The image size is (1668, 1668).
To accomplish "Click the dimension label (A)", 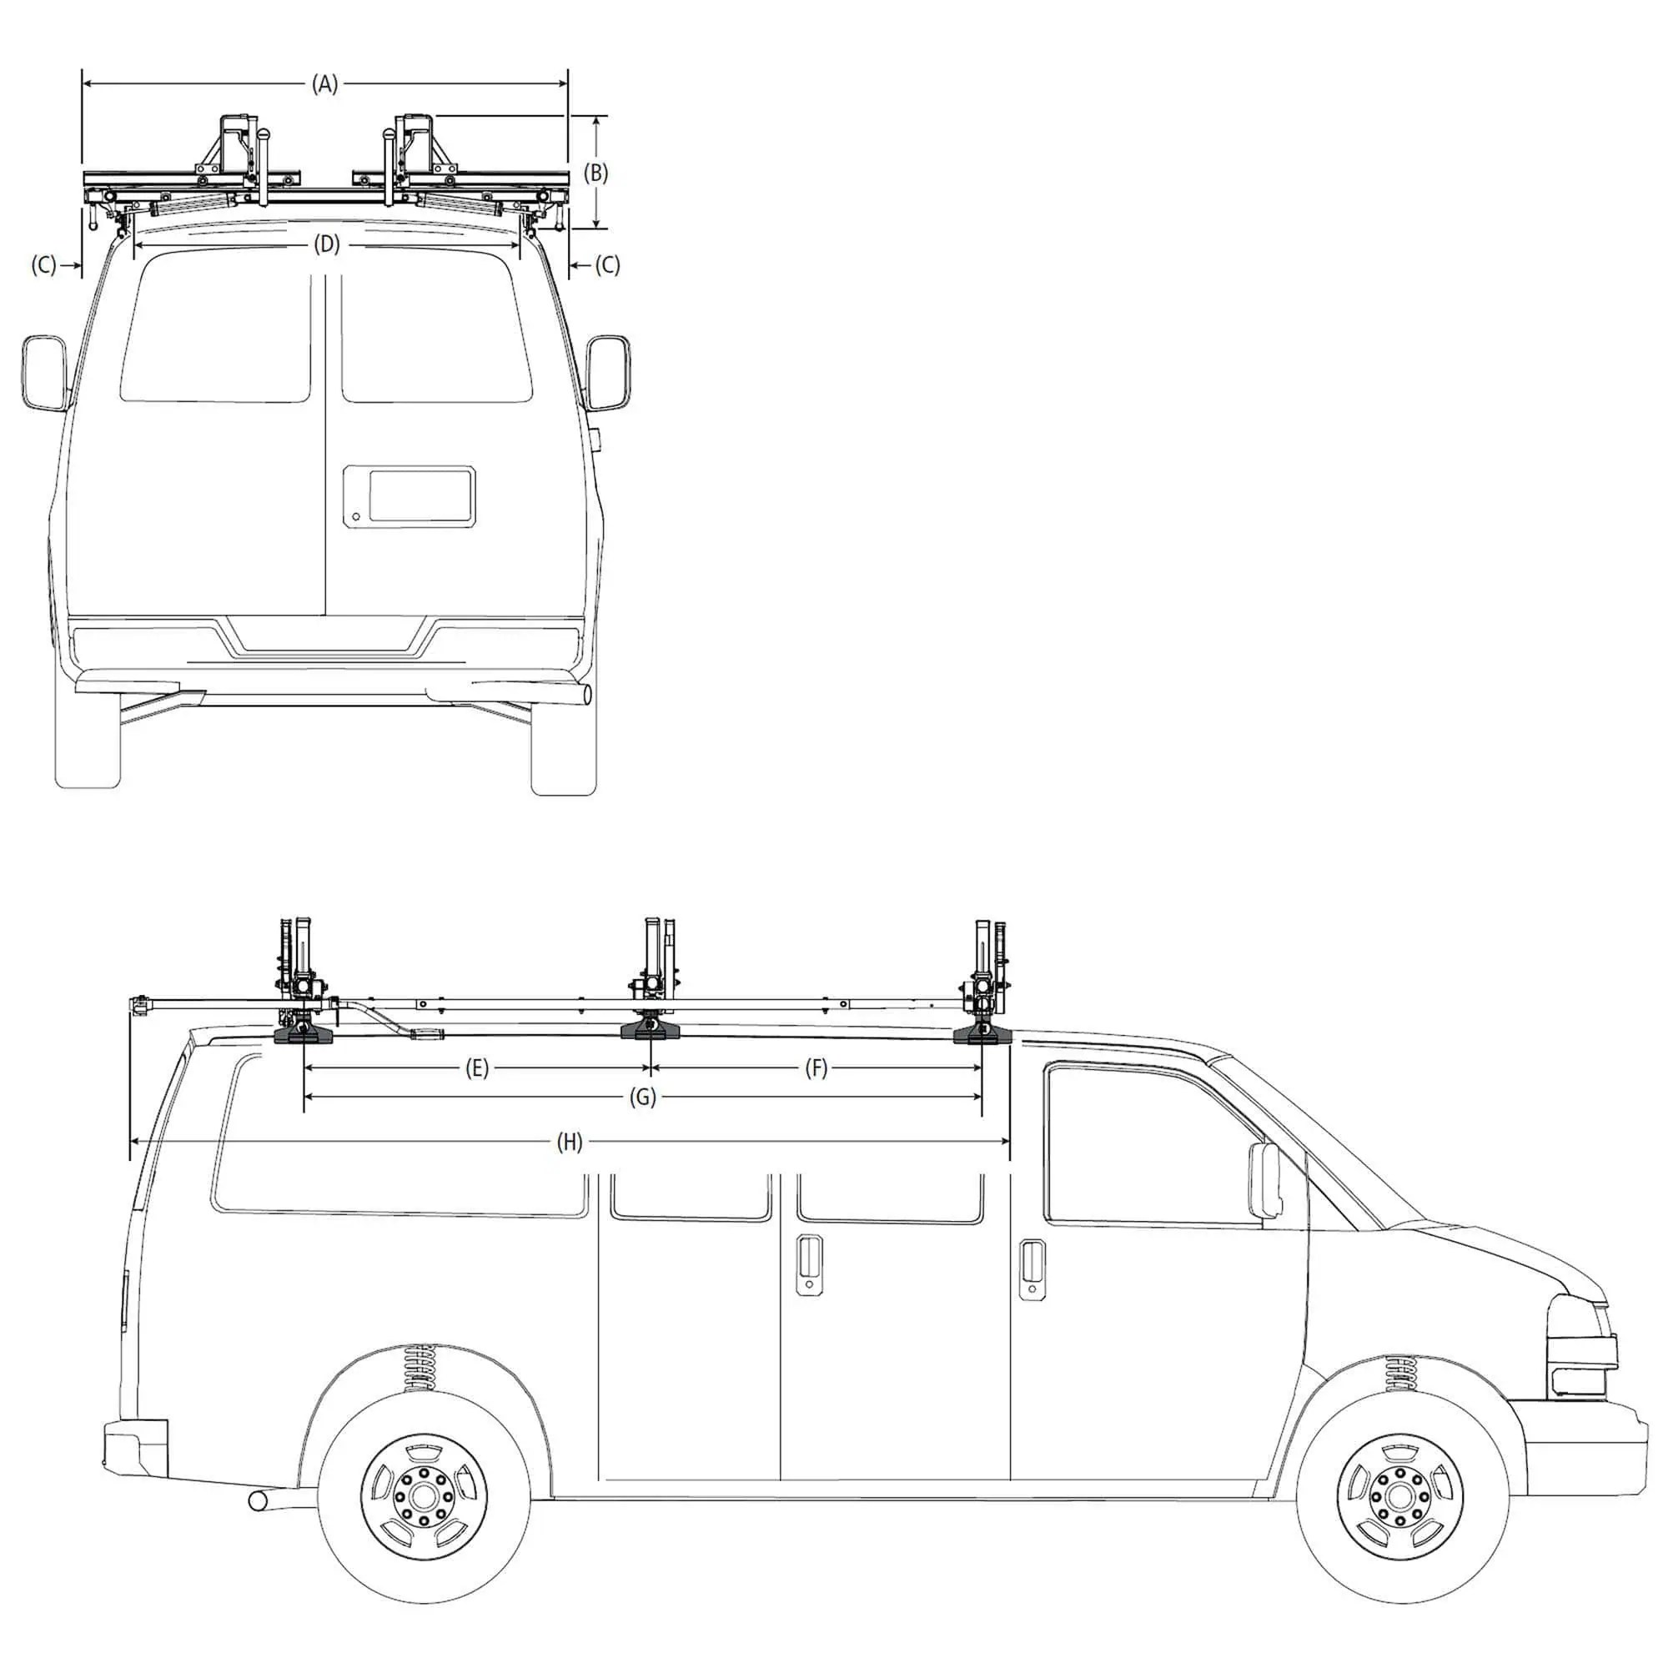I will point(324,84).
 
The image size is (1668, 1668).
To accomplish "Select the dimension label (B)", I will point(595,173).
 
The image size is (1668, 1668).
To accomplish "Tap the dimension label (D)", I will point(326,245).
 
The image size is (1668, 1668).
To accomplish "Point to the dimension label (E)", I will point(476,1069).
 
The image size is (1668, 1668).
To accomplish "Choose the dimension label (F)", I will point(816,1069).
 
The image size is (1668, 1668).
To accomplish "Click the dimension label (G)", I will point(642,1098).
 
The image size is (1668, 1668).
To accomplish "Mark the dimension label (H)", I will point(569,1143).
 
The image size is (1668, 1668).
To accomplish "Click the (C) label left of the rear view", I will point(44,265).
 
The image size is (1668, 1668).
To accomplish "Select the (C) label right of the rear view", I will point(608,265).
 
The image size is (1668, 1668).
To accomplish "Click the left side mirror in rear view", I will point(44,372).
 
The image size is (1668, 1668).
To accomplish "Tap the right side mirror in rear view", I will point(608,373).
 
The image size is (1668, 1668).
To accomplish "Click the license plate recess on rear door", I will point(409,496).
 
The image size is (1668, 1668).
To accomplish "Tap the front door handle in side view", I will point(1032,1270).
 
